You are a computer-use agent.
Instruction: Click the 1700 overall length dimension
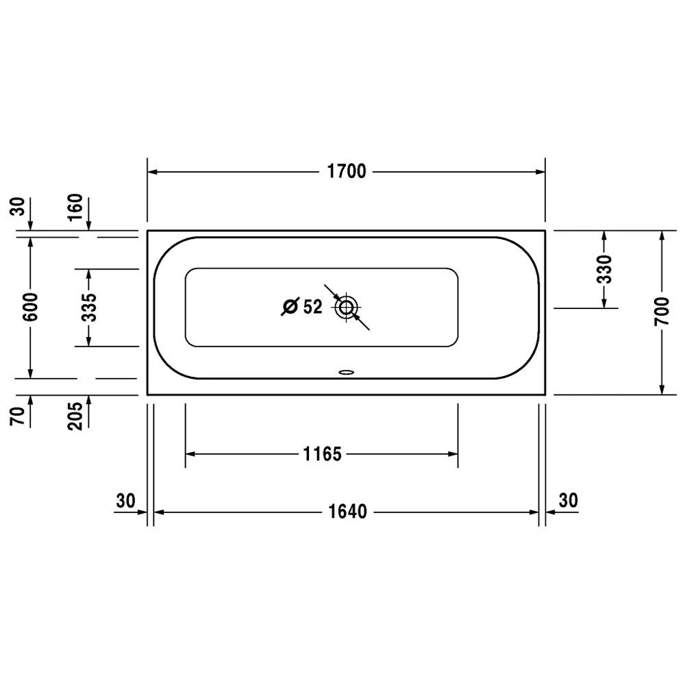point(347,171)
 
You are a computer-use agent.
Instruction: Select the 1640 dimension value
point(347,512)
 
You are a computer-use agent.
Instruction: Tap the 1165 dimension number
point(321,453)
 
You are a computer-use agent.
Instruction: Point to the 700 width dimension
point(662,313)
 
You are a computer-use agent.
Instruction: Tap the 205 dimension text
point(75,414)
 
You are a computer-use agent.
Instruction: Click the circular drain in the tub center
point(347,308)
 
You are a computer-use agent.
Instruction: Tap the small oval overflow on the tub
point(347,373)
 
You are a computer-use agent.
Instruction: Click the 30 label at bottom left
point(125,501)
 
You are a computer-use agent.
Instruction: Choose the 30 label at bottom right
point(569,501)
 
